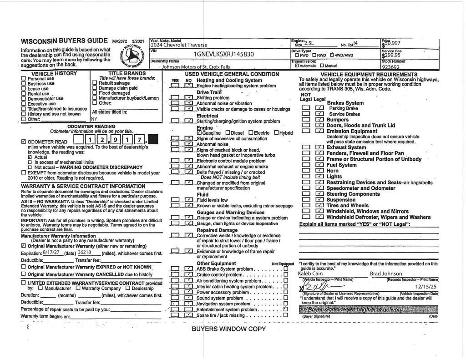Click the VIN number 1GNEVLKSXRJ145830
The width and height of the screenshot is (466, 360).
223,54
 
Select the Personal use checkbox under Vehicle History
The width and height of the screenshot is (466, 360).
24,78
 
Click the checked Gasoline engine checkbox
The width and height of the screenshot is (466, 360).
199,133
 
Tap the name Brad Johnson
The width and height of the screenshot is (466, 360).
385,274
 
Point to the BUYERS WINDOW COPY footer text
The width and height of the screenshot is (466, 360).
228,329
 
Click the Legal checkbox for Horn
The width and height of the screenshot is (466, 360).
319,171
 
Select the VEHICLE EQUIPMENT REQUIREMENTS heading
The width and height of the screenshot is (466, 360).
369,74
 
